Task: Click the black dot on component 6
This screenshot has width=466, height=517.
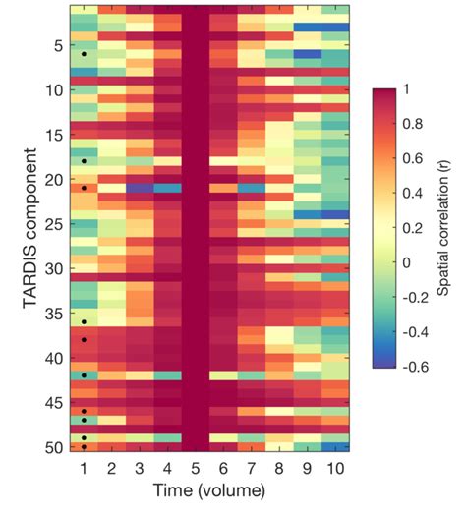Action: coord(85,54)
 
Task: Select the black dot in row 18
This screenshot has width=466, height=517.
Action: coord(85,161)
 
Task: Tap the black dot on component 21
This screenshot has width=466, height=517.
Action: coord(85,188)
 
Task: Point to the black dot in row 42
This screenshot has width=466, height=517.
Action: coord(85,375)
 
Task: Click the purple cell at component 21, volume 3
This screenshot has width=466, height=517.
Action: coord(141,188)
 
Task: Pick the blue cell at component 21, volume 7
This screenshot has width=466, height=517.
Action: coord(251,188)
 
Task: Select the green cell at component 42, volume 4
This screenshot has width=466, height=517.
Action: coord(168,375)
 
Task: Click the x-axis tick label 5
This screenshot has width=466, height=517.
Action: coord(196,468)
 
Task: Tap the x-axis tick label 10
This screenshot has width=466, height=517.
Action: coord(334,468)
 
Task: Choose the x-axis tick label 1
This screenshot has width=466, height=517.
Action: coord(85,468)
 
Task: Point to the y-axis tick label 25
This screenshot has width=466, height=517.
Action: coord(55,224)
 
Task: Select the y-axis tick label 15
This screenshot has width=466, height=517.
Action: coord(55,135)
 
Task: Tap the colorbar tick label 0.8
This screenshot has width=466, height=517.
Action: coord(418,125)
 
